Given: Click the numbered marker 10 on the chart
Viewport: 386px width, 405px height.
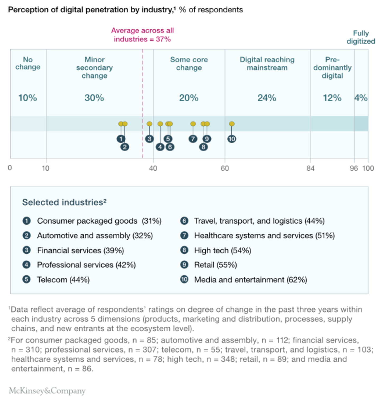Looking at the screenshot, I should point(232,139).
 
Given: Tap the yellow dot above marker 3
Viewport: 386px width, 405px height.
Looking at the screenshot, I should point(149,124).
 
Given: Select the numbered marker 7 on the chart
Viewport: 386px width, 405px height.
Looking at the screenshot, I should point(193,139).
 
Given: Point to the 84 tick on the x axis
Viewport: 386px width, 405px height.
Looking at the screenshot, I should point(310,168).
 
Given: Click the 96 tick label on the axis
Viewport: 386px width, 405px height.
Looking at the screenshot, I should point(354,168).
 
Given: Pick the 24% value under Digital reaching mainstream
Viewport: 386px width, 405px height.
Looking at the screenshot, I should point(267,98).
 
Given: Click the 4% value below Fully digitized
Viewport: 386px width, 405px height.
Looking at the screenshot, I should point(361,98).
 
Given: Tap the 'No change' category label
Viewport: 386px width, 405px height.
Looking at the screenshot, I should point(28,63).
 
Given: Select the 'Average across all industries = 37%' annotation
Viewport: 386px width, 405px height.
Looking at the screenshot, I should point(142,35).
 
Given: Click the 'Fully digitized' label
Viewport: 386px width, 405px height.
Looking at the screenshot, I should point(361,37).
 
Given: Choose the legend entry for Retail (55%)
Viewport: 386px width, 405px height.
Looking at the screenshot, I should point(215,265).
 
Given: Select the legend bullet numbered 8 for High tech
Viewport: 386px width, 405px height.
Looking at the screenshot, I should point(184,250).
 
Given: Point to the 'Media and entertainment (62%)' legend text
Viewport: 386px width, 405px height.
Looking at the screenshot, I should point(251,280).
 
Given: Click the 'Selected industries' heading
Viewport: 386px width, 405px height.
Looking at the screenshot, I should point(64,202).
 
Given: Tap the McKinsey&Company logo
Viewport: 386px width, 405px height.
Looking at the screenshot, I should point(47,391).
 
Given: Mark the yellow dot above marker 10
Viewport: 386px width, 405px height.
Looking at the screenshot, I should point(232,124).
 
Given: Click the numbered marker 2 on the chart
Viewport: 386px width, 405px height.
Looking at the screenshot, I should point(125,147).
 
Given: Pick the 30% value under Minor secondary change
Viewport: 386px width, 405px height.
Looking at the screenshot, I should point(94,98).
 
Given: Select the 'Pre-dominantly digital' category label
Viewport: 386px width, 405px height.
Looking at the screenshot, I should point(332,68).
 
